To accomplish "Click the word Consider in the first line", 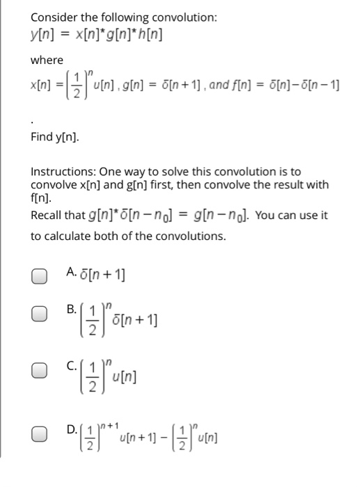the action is coord(53,15).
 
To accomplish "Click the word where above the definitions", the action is coord(47,61).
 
